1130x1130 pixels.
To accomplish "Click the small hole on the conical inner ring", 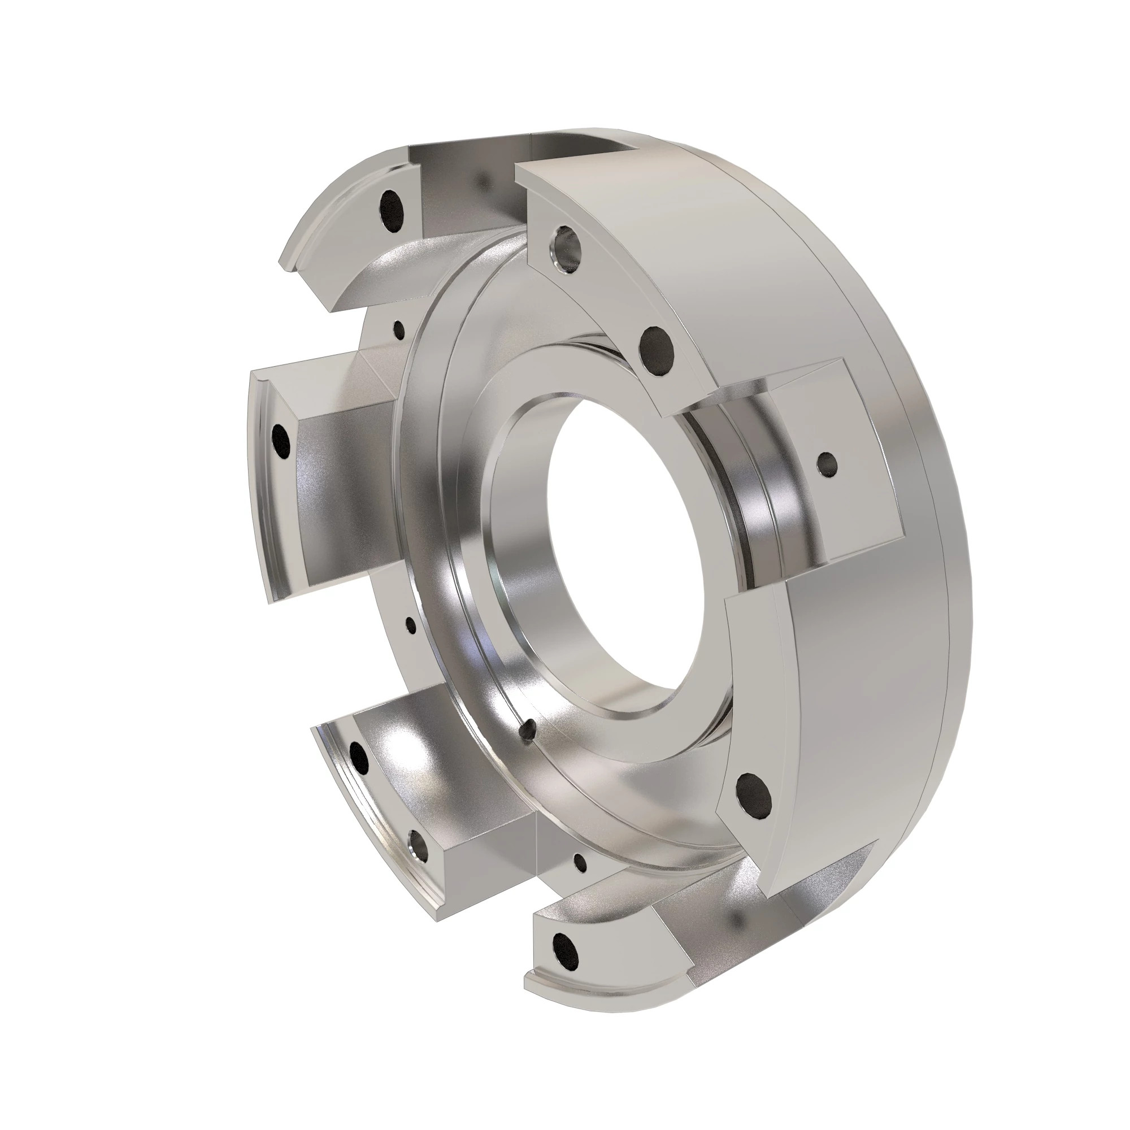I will pyautogui.click(x=529, y=730).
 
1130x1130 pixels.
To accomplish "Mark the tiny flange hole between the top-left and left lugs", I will pyautogui.click(x=399, y=329).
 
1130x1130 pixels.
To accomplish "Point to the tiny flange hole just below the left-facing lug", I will pyautogui.click(x=411, y=625).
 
